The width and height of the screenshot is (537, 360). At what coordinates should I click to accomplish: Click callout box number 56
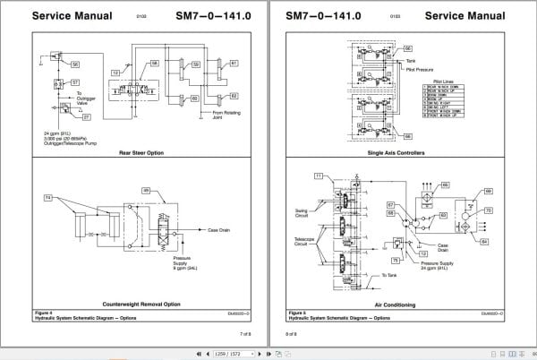[75, 64]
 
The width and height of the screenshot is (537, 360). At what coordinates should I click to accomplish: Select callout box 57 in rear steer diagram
[75, 82]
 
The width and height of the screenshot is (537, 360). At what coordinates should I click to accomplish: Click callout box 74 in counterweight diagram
[48, 195]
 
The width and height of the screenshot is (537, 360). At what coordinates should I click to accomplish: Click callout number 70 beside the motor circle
[489, 210]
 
